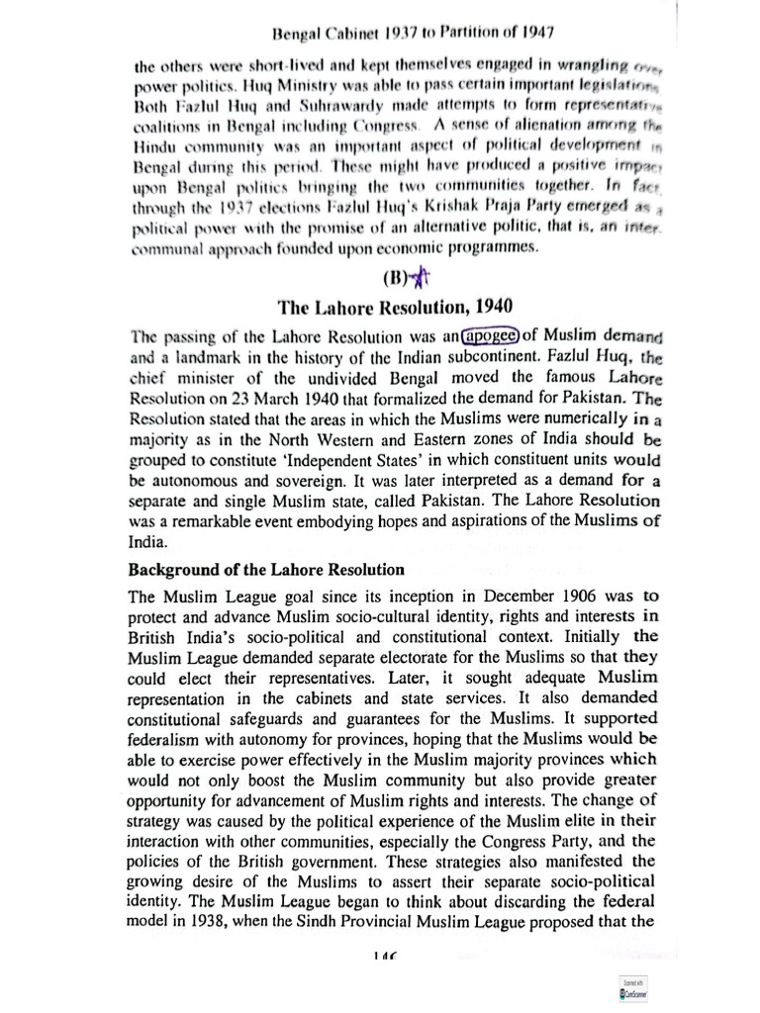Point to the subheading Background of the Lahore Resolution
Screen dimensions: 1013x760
coord(265,570)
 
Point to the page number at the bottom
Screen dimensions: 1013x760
coord(379,957)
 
